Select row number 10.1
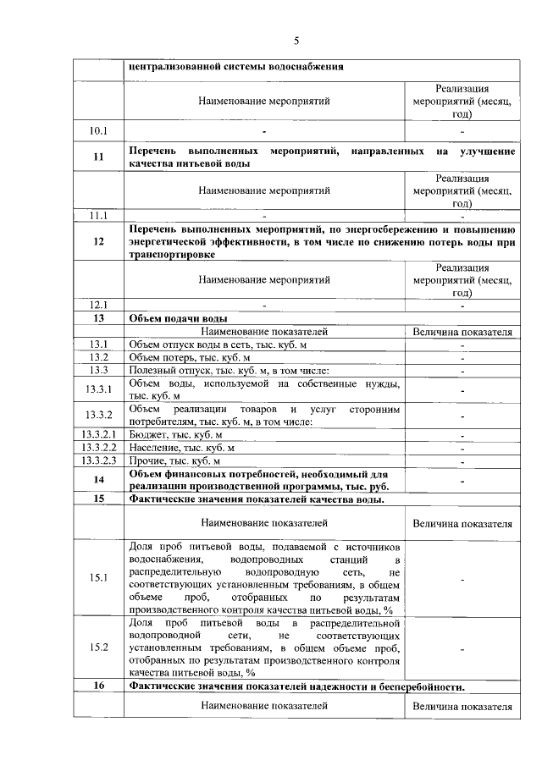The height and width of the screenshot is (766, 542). pyautogui.click(x=98, y=131)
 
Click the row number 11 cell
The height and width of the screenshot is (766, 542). pyautogui.click(x=98, y=157)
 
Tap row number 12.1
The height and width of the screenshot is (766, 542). pyautogui.click(x=98, y=305)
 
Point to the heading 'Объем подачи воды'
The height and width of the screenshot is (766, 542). pyautogui.click(x=178, y=318)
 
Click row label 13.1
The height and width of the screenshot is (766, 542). pyautogui.click(x=98, y=344)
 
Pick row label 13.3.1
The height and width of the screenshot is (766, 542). pyautogui.click(x=98, y=389)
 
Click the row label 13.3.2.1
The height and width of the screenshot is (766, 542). pyautogui.click(x=98, y=434)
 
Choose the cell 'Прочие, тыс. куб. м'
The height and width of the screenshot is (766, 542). pyautogui.click(x=174, y=460)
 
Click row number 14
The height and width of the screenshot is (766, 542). pyautogui.click(x=98, y=480)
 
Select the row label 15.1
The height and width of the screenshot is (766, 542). pyautogui.click(x=98, y=578)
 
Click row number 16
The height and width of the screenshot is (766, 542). pyautogui.click(x=98, y=686)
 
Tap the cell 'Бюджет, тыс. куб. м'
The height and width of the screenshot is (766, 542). pyautogui.click(x=174, y=434)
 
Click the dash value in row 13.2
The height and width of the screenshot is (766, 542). pyautogui.click(x=462, y=357)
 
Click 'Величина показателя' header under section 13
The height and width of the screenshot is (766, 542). pyautogui.click(x=462, y=332)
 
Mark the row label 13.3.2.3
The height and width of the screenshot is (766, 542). pyautogui.click(x=98, y=460)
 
